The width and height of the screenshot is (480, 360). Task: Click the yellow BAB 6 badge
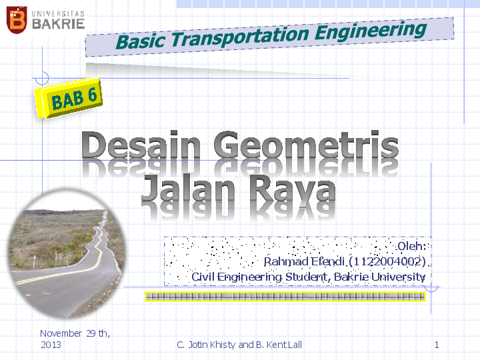click(x=73, y=101)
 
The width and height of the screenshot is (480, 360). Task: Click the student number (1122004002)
click(x=387, y=261)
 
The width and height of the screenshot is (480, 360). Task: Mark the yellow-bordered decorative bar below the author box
click(x=285, y=296)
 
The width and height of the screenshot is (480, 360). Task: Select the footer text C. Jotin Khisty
click(x=207, y=345)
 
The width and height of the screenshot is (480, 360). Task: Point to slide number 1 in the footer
click(x=436, y=345)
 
